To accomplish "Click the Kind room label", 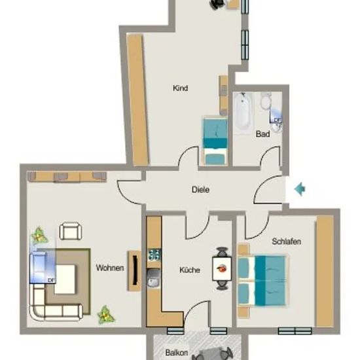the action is [x=180, y=88].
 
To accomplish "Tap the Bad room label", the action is [x=262, y=134].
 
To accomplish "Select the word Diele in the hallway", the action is [x=200, y=190].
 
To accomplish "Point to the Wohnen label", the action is [x=110, y=268].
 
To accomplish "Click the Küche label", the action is [x=190, y=270].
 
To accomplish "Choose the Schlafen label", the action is [x=286, y=242].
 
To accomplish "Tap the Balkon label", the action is [x=177, y=352].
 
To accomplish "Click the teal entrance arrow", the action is [x=300, y=189].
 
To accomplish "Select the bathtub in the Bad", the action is [x=243, y=113].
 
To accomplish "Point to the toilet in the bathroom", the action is [x=266, y=101].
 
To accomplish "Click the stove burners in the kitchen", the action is [x=154, y=255].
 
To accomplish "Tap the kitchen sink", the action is [x=153, y=278].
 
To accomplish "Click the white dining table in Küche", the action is [x=222, y=268].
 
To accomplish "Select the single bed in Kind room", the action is [x=215, y=141].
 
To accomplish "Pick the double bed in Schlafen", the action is [x=262, y=281].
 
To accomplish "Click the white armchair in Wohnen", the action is [x=71, y=231].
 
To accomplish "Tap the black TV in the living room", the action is [x=135, y=271].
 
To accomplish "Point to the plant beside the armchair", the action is [x=39, y=236].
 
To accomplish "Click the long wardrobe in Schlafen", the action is [x=325, y=271].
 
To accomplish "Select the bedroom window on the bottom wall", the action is [x=295, y=331].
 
